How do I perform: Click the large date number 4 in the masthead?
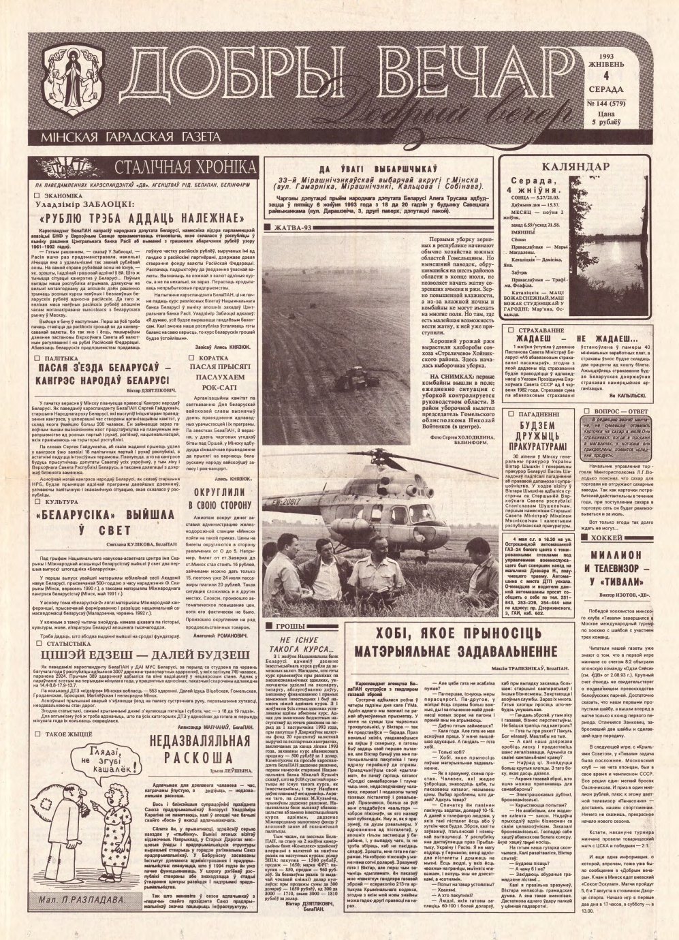(x=608, y=85)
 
